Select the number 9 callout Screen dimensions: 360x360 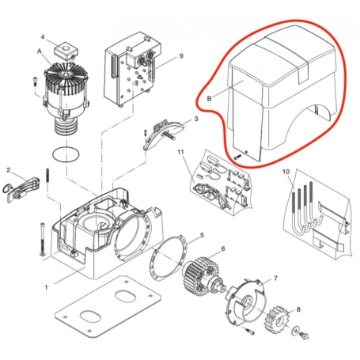pos(181,55)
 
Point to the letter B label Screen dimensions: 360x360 pos(209,99)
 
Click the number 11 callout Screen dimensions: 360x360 pos(181,150)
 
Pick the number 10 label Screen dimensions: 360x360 pos(286,172)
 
